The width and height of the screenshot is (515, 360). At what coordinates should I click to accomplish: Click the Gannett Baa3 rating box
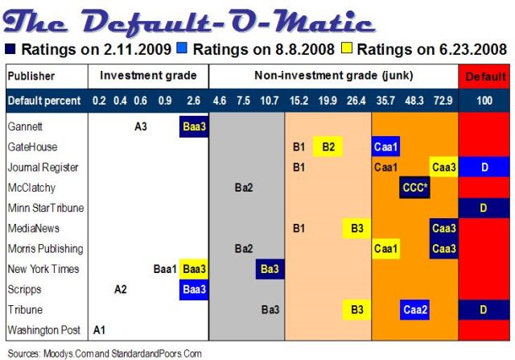(x=194, y=126)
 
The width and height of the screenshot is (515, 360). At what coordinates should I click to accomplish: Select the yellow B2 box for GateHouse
(x=328, y=147)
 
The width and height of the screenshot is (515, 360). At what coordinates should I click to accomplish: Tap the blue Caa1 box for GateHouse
(x=385, y=147)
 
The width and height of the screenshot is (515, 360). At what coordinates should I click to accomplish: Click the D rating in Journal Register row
(x=484, y=167)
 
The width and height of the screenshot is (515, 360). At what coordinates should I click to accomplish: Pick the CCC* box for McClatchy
(x=414, y=188)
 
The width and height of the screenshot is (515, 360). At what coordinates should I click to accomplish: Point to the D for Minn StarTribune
(x=484, y=208)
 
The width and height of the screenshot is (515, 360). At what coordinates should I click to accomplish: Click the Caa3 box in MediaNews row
(x=443, y=228)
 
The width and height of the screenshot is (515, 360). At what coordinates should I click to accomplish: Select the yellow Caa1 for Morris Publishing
(x=385, y=249)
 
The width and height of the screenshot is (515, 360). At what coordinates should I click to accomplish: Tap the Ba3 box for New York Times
(x=270, y=269)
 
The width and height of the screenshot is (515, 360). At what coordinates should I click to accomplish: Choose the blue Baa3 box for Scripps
(x=194, y=289)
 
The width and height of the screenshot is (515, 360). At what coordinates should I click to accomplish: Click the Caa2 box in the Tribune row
(x=415, y=310)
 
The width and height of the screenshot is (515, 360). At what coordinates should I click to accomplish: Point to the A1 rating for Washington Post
(x=99, y=329)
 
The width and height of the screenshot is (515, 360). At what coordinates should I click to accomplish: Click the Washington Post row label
(x=44, y=329)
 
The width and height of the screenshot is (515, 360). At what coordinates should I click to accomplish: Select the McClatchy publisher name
(x=31, y=188)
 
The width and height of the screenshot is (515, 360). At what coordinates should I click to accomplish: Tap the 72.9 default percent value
(x=443, y=101)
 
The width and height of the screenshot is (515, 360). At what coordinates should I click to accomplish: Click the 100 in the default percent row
(x=484, y=101)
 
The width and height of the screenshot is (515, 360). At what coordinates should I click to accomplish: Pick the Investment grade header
(x=148, y=76)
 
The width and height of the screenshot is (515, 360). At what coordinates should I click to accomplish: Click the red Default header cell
(x=484, y=77)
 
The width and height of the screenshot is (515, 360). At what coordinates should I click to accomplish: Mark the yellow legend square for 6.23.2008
(x=347, y=48)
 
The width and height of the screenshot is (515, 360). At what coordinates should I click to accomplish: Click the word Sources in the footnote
(x=23, y=354)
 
